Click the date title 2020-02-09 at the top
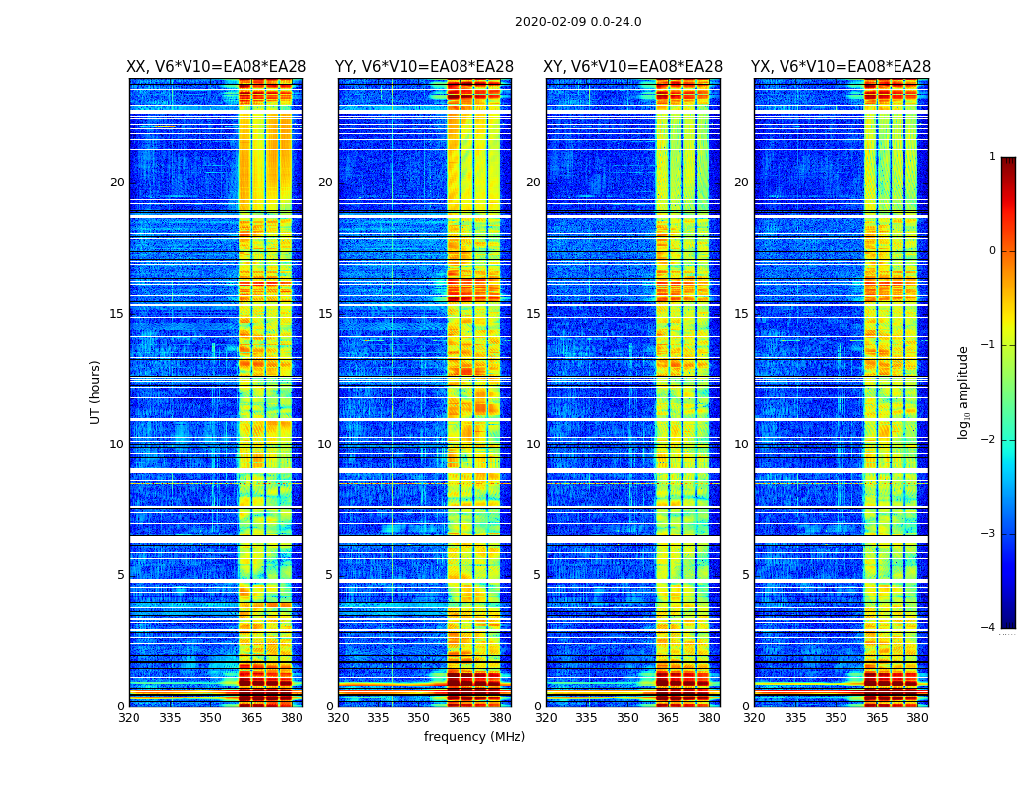pyautogui.click(x=578, y=22)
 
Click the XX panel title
pyautogui.click(x=216, y=67)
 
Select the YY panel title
pyautogui.click(x=424, y=67)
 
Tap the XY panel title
pyautogui.click(x=632, y=67)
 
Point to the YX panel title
pyautogui.click(x=841, y=67)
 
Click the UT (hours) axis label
pyautogui.click(x=96, y=392)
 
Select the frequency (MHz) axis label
pyautogui.click(x=474, y=737)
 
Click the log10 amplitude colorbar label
pyautogui.click(x=964, y=392)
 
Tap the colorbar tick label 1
pyautogui.click(x=992, y=157)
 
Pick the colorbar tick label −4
pyautogui.click(x=989, y=628)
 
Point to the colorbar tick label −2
pyautogui.click(x=989, y=440)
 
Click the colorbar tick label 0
pyautogui.click(x=992, y=251)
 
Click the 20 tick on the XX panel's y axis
pyautogui.click(x=117, y=183)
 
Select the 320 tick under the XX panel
pyautogui.click(x=129, y=718)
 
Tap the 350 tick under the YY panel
pyautogui.click(x=419, y=718)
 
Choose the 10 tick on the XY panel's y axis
pyautogui.click(x=533, y=445)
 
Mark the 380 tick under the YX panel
pyautogui.click(x=917, y=718)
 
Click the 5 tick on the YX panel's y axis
pyautogui.click(x=745, y=575)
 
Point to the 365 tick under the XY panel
pyautogui.click(x=669, y=718)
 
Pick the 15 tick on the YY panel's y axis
pyautogui.click(x=325, y=314)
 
